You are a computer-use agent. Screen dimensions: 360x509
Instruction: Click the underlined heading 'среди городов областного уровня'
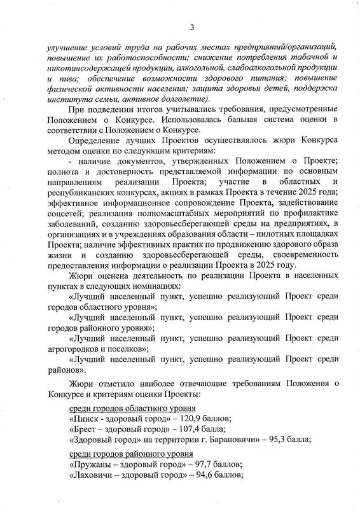(x=132, y=408)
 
